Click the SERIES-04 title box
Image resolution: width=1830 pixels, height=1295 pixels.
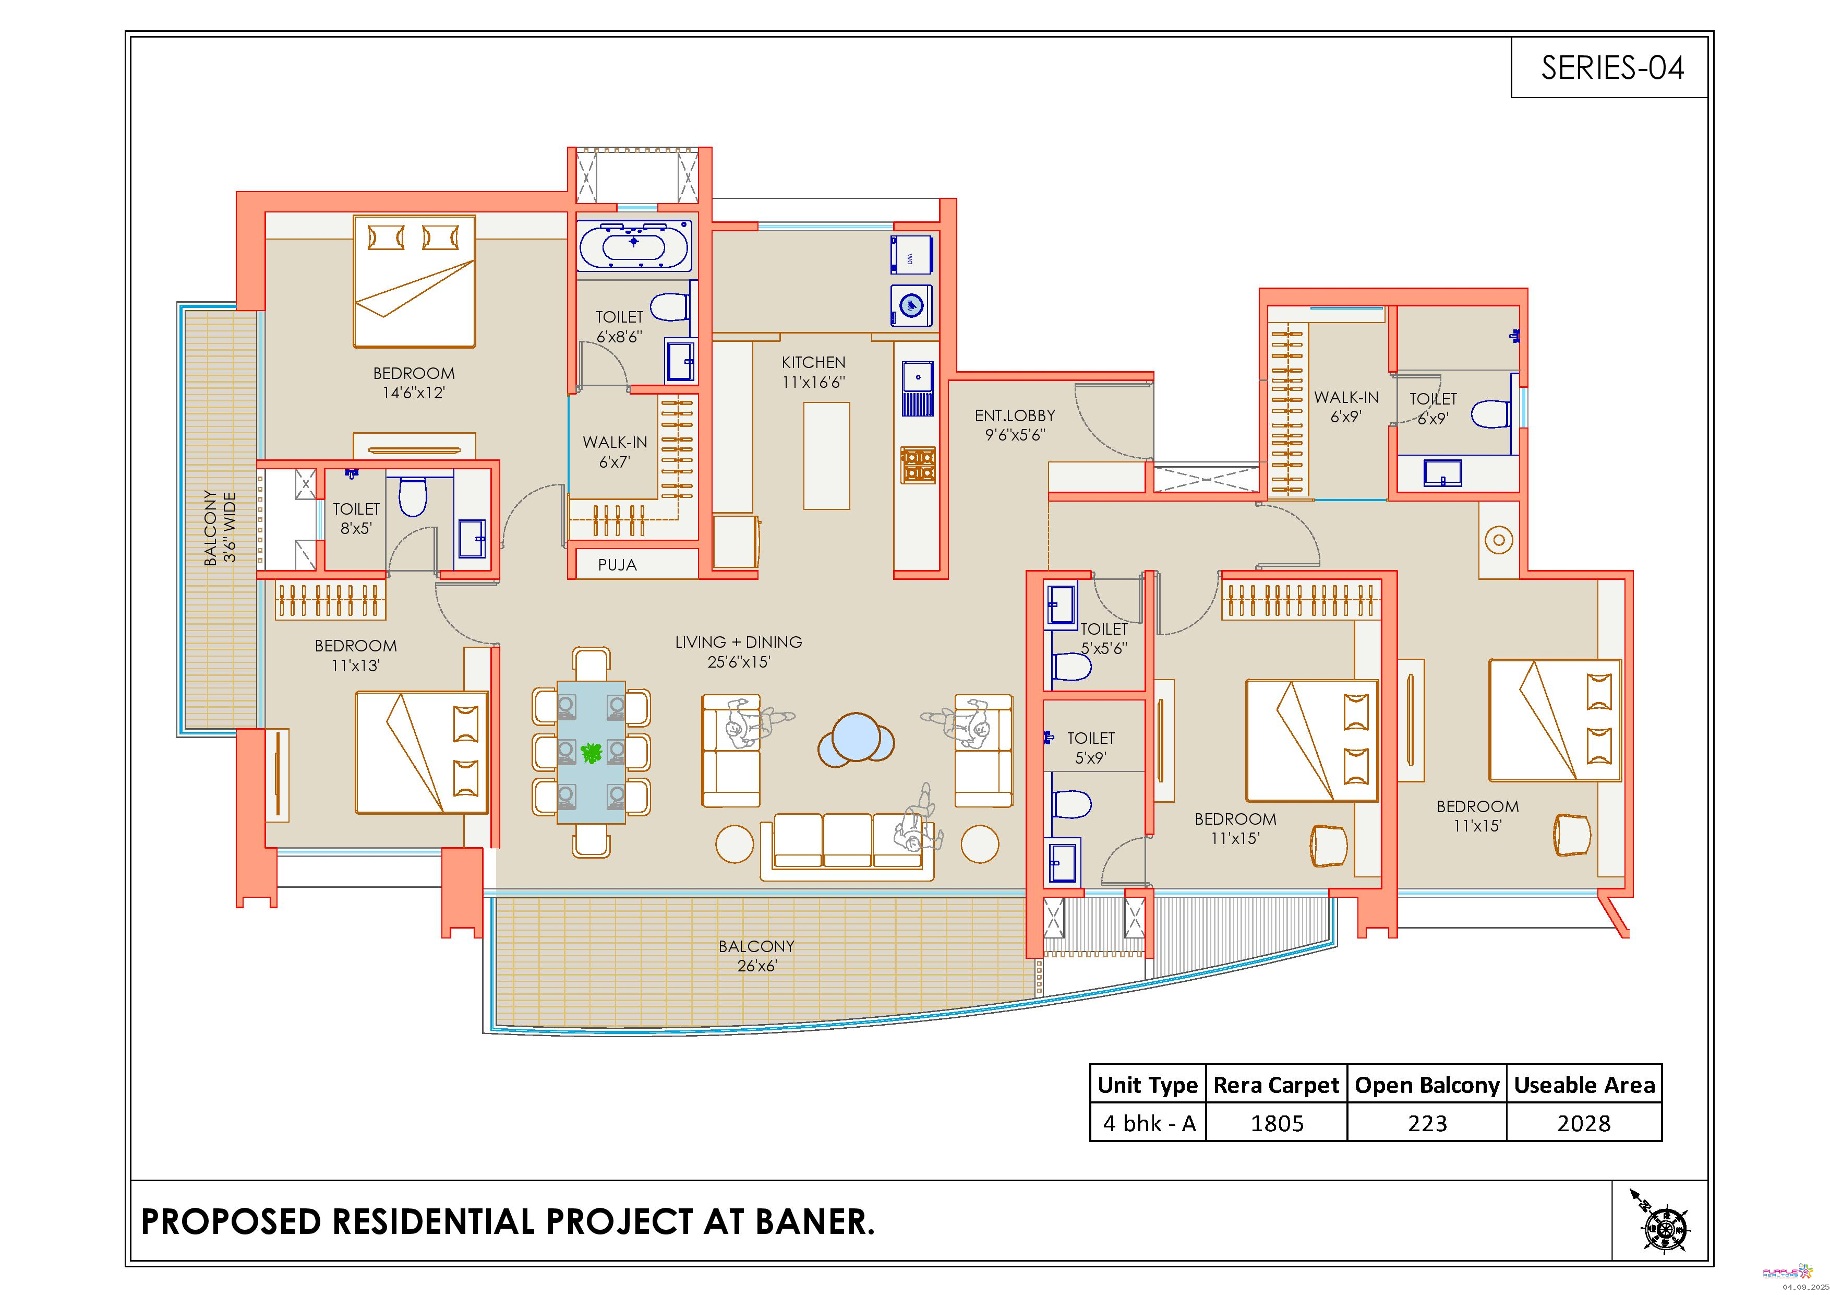(x=1609, y=67)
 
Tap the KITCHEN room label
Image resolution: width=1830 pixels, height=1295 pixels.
(x=813, y=362)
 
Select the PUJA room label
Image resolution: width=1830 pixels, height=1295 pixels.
(x=618, y=565)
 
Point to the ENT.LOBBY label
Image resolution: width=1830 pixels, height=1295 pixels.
(x=1015, y=415)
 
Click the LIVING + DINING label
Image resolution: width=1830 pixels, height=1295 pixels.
(x=738, y=642)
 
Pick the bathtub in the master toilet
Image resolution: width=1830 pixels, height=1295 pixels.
(x=634, y=246)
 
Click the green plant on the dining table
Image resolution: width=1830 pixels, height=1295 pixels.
(x=592, y=752)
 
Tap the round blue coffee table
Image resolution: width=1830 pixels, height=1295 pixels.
(x=856, y=739)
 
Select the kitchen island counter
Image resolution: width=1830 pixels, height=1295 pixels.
(x=826, y=455)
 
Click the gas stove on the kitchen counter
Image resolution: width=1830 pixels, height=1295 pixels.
(x=918, y=465)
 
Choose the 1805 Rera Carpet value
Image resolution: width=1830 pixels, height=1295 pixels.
(x=1277, y=1124)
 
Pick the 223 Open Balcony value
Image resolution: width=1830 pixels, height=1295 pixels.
(x=1427, y=1124)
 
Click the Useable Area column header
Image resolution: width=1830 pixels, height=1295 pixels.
(x=1584, y=1085)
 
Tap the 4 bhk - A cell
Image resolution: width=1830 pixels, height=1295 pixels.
(x=1149, y=1124)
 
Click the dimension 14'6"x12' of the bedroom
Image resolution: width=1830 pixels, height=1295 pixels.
(x=414, y=393)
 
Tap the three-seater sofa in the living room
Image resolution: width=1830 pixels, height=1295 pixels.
(x=847, y=846)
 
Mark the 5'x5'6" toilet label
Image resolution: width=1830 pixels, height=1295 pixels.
(x=1104, y=648)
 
